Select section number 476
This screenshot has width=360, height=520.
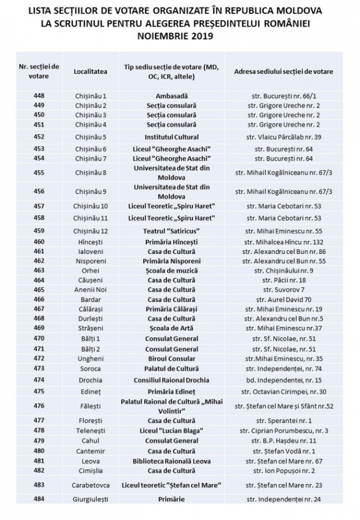[x=39, y=405]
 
